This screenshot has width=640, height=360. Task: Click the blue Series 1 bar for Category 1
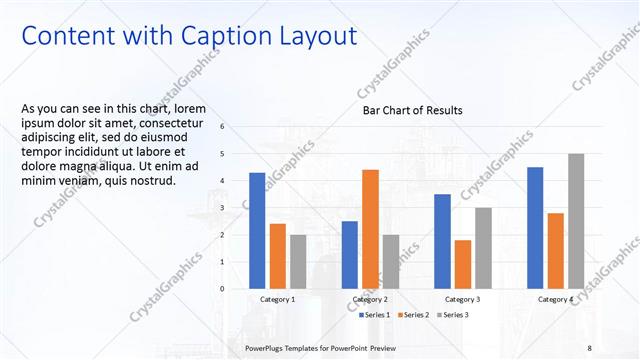point(257,230)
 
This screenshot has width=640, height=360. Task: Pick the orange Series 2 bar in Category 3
point(463,263)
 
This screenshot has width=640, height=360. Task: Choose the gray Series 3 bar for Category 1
point(298,261)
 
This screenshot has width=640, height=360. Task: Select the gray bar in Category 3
point(483,247)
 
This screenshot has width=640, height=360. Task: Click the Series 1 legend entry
point(375,315)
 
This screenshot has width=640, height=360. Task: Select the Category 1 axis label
point(278,299)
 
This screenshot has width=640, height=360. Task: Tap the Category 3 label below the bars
point(463,299)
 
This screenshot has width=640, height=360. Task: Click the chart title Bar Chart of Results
point(412,110)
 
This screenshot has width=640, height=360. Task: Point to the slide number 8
point(590,346)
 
